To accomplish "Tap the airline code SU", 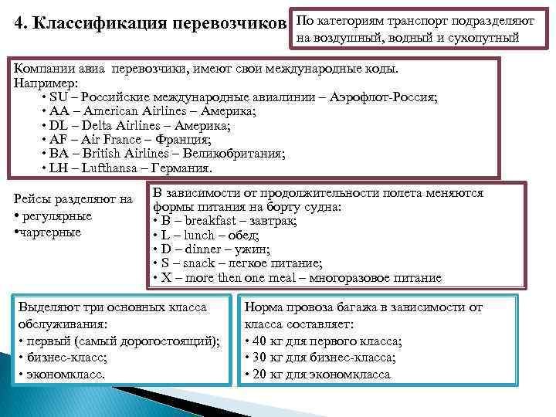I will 58,98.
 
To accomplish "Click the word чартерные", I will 50,232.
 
